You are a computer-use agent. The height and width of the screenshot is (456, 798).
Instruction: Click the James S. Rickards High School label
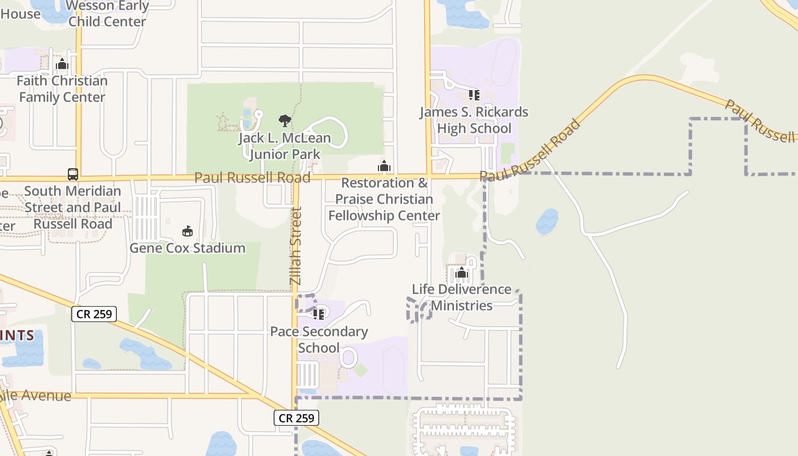(x=474, y=120)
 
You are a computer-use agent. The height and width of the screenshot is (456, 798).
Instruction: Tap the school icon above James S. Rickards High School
(x=474, y=95)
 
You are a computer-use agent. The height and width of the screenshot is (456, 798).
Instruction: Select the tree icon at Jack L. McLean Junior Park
(x=284, y=120)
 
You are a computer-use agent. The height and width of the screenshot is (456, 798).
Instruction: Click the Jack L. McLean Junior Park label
(x=284, y=146)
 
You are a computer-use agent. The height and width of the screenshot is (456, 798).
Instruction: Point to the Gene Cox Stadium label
(x=188, y=248)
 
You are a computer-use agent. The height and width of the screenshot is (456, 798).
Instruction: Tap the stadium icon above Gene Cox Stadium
(x=187, y=231)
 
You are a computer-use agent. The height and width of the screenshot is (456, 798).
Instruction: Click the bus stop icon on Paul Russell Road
(x=73, y=174)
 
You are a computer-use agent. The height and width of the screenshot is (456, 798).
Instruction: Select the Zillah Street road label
(x=295, y=246)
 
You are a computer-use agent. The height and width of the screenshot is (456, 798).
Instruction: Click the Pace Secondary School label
(x=319, y=340)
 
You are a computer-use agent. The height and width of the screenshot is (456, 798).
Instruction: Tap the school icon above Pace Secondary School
(x=319, y=313)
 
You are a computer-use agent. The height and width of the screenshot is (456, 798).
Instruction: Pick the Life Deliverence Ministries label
(x=462, y=297)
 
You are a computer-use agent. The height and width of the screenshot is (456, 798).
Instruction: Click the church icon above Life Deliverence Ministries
(x=462, y=273)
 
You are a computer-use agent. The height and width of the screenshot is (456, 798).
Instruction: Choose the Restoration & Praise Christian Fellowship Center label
(x=384, y=199)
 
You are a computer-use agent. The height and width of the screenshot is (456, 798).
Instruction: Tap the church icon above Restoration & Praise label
(x=384, y=166)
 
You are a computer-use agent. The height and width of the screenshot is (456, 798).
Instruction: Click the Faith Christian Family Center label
(x=62, y=89)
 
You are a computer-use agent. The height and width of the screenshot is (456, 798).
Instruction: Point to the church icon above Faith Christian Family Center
(x=62, y=64)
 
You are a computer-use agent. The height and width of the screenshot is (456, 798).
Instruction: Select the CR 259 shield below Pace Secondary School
(x=296, y=418)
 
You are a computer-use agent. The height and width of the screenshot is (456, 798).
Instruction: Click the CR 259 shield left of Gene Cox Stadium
(x=94, y=313)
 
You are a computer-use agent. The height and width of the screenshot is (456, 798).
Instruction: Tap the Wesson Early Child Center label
(x=108, y=14)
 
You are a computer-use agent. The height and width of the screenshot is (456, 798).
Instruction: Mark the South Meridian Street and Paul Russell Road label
(x=73, y=207)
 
